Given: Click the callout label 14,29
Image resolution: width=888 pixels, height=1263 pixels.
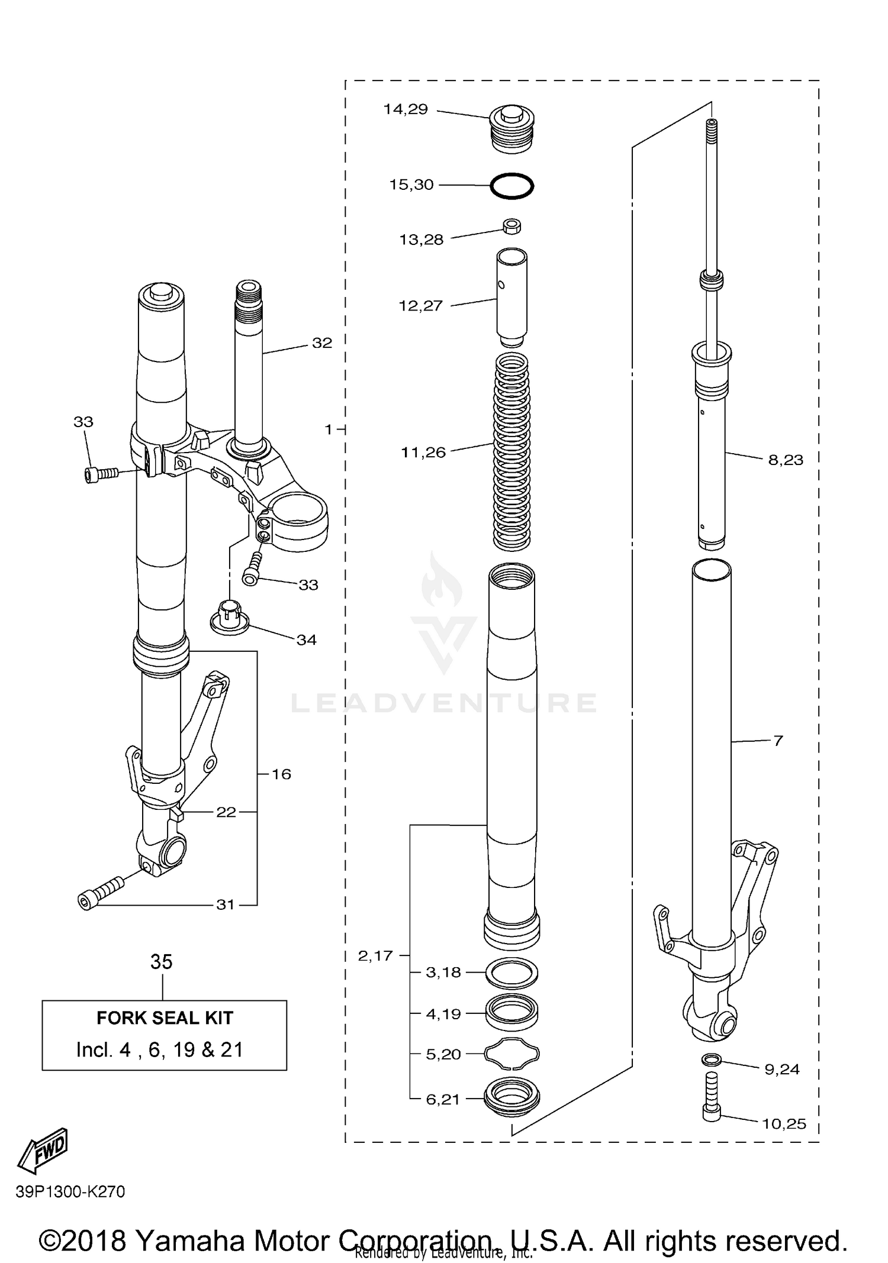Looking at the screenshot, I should point(405,109).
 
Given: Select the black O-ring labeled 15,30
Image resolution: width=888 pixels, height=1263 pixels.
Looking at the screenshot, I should point(511,186).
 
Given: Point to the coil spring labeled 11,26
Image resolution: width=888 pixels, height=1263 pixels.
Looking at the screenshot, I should point(511,450).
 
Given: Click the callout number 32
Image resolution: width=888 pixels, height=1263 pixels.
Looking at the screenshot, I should point(322,343).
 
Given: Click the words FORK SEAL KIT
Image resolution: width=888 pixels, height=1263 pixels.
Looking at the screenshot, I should point(165,1017).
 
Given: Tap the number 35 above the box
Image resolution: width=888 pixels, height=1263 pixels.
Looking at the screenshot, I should point(161,962).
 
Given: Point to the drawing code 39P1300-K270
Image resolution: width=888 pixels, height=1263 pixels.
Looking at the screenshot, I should point(70,1191).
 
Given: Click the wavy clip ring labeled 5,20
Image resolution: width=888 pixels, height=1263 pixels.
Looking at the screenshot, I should point(511,1054).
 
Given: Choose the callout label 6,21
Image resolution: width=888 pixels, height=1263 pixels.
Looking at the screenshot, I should point(443,1099).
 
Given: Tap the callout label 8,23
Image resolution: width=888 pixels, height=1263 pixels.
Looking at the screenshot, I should point(786,460).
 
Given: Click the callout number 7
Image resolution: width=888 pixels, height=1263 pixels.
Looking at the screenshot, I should point(778,740).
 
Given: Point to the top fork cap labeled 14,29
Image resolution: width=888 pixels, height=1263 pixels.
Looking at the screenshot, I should point(513,130).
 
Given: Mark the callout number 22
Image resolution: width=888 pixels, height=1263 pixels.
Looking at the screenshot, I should point(226,812).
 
